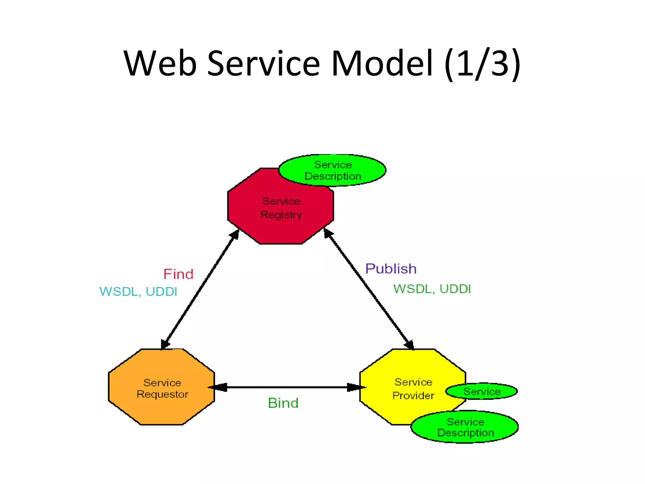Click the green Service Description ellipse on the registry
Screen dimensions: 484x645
(x=333, y=170)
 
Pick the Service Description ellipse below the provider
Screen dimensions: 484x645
(x=465, y=427)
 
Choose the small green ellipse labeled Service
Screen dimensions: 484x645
(x=482, y=391)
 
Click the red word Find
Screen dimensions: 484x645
(x=178, y=274)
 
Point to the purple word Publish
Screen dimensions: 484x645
(x=391, y=269)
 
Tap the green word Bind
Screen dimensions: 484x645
(x=283, y=403)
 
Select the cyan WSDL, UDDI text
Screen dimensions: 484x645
(x=138, y=291)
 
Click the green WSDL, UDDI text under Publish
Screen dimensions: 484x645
(x=432, y=289)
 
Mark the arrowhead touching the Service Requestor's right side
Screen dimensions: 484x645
(x=218, y=387)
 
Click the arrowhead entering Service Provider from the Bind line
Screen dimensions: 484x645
(x=355, y=387)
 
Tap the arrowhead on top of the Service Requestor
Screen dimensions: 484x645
(x=165, y=344)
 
